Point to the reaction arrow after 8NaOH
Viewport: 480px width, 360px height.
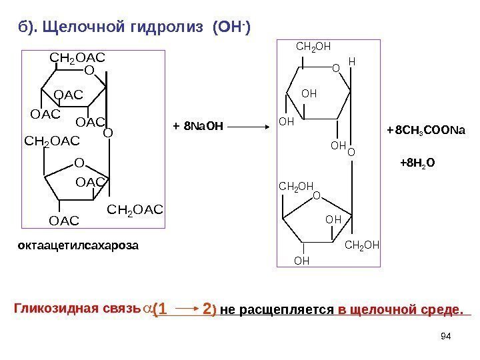pos(251,124)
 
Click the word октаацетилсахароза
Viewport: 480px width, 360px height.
pos(77,245)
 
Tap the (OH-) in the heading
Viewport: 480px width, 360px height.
pos(233,26)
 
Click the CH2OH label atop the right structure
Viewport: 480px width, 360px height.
pos(313,47)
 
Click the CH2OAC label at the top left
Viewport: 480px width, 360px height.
pos(78,58)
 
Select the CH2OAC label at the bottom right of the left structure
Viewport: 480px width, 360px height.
pos(135,211)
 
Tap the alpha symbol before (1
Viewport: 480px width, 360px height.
pos(145,310)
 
